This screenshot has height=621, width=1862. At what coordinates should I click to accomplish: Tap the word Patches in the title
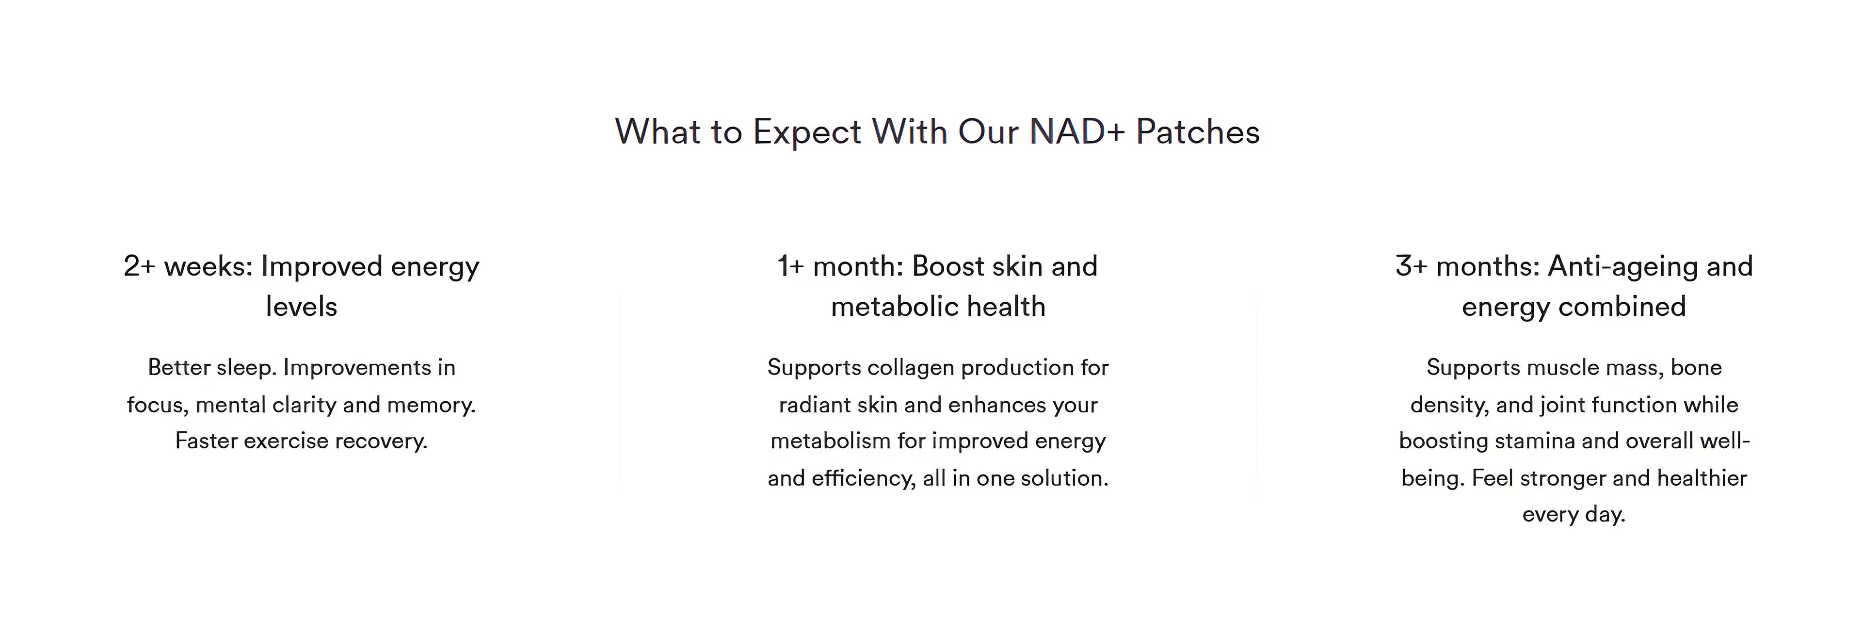click(1198, 131)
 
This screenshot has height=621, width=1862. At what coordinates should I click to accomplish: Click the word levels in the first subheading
click(302, 307)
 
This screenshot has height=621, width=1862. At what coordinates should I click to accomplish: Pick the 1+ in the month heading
click(791, 266)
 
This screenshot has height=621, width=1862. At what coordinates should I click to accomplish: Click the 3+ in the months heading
click(1412, 266)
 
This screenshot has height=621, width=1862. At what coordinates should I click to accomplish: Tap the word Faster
click(206, 441)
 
